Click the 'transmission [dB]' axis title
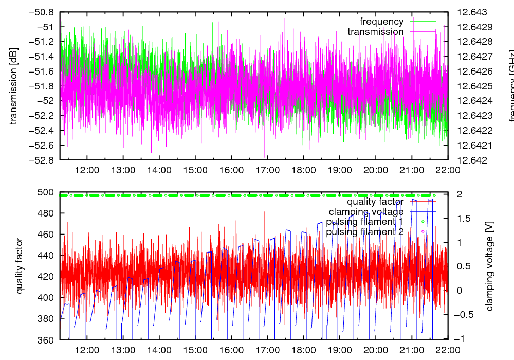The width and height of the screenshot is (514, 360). (x=14, y=86)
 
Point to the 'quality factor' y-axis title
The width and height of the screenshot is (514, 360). (x=20, y=266)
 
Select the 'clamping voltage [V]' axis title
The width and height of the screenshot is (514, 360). (x=489, y=266)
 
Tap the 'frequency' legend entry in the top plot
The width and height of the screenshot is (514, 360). (x=381, y=22)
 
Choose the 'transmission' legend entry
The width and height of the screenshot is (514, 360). (x=375, y=32)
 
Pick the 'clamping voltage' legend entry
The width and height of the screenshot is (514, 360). (x=366, y=211)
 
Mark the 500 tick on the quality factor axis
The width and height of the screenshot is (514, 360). (x=47, y=192)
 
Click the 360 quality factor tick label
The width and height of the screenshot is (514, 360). (x=47, y=340)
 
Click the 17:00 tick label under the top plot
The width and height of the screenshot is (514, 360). (x=267, y=170)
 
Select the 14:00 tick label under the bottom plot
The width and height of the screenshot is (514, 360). (x=159, y=350)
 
